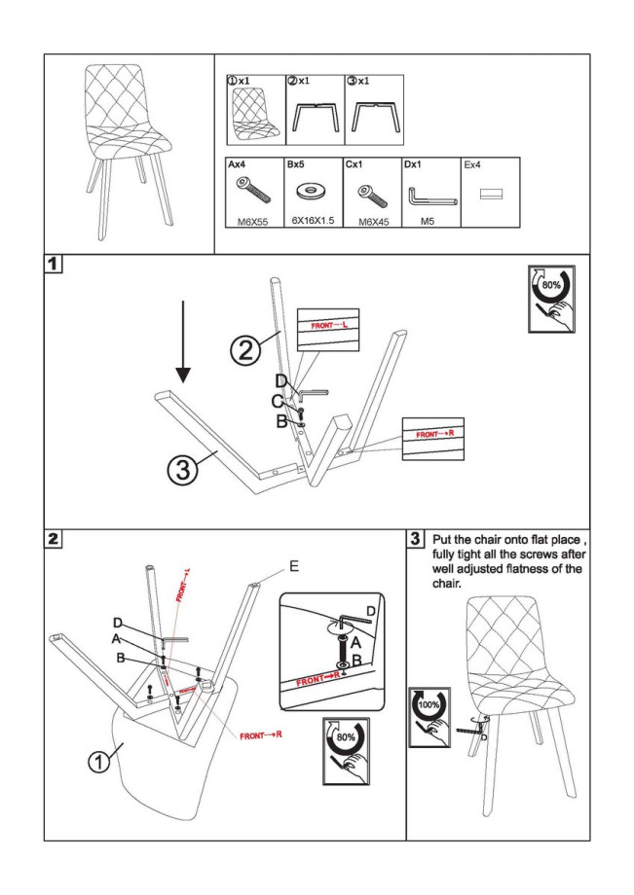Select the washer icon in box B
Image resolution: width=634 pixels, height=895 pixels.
coord(313,189)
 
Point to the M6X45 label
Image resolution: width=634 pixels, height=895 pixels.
coord(372,222)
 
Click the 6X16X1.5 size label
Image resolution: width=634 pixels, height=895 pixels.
coord(313,221)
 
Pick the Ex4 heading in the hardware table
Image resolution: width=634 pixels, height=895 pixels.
coord(473,165)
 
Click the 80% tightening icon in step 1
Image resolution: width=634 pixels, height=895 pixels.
coord(550,298)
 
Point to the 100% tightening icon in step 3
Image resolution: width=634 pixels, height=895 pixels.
coord(429,716)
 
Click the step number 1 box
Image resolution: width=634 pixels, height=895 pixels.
coord(56,264)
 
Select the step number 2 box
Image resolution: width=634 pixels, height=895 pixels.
coord(56,538)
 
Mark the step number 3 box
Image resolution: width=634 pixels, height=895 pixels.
coord(416,538)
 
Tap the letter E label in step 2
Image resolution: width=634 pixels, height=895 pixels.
coord(295,566)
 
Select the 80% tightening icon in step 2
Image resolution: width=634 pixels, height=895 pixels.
coord(345,750)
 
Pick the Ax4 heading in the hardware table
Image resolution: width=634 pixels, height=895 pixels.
coord(237,165)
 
